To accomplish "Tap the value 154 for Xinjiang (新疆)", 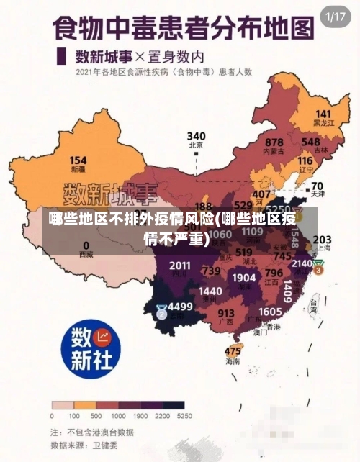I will coord(78,160).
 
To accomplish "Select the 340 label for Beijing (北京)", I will coord(196,136).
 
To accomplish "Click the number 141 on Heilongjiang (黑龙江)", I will coord(323,114).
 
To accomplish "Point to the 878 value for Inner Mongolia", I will coord(274,142).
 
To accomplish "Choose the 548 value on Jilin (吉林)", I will coord(310,142).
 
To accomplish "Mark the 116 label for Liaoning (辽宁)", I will coord(305,160).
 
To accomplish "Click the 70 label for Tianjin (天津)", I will coord(317,186).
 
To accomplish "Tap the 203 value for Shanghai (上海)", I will coord(322,239).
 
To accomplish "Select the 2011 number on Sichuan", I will coord(180,266).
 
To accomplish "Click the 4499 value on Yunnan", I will coord(180,307).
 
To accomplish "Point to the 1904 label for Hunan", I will coord(244,277).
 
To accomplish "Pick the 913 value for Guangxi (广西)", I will coord(226,313).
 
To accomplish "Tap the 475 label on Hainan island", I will coord(233,351).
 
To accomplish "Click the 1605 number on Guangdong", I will coord(270,311).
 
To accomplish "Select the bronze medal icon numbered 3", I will coord(318,266).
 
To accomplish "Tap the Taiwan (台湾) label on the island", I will coord(313,305).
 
